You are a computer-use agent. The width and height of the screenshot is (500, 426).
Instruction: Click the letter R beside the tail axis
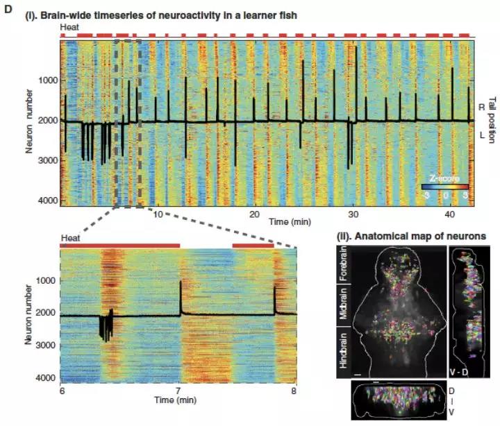click(481, 107)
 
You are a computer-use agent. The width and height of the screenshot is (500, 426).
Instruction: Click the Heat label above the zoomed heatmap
click(69, 238)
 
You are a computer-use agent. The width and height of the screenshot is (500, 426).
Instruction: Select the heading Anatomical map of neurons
click(416, 236)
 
